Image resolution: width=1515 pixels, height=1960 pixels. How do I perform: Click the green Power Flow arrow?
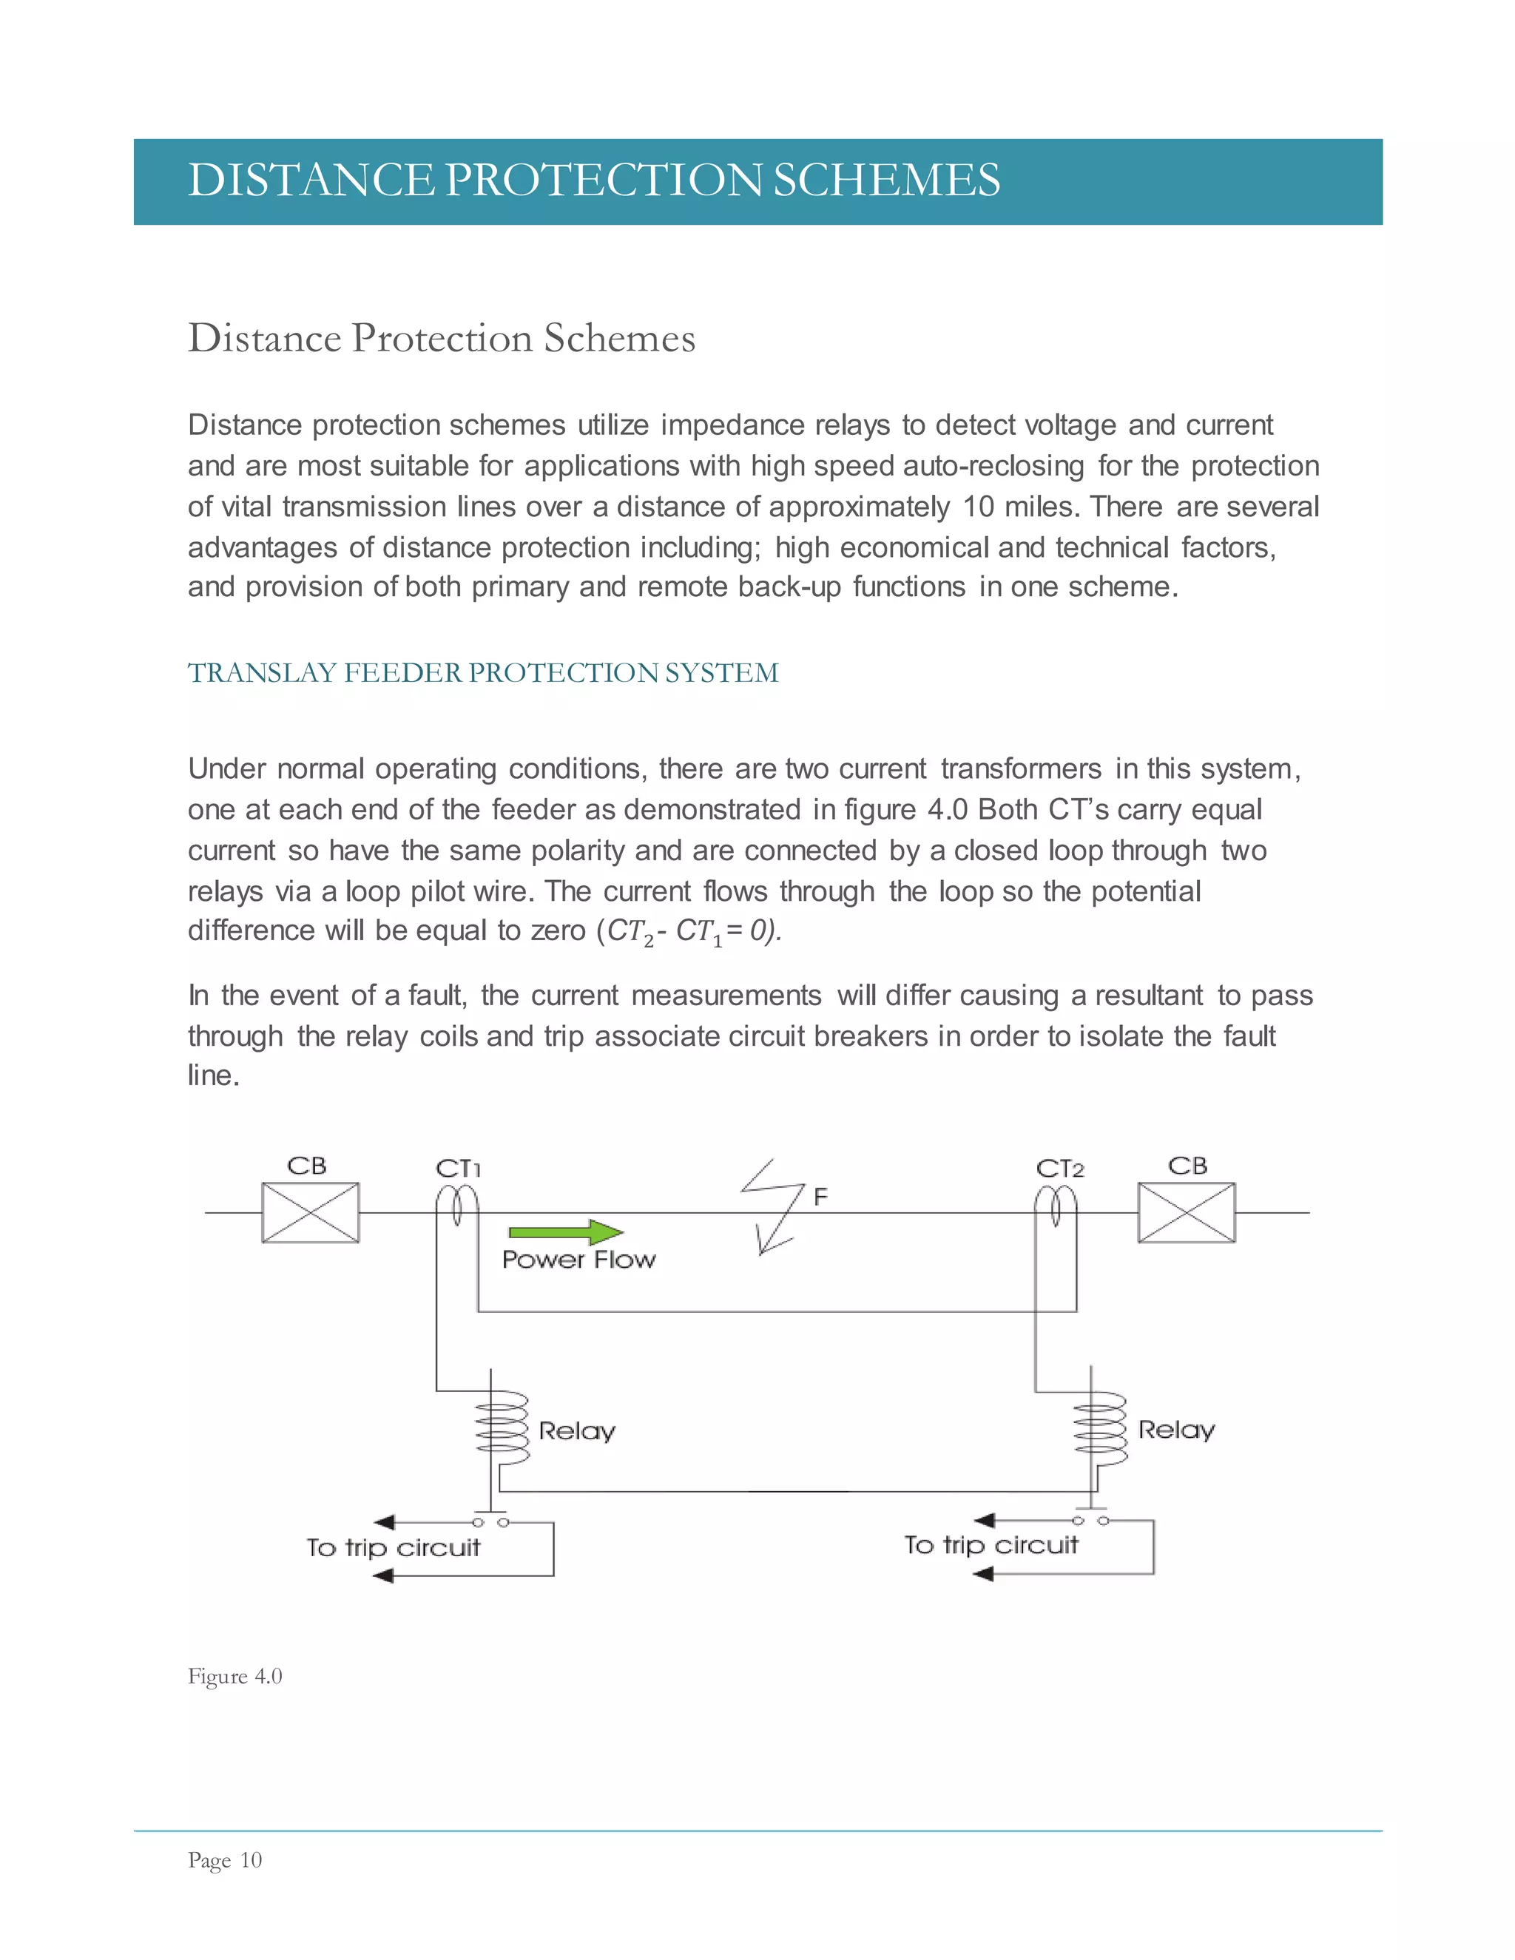pyautogui.click(x=565, y=1232)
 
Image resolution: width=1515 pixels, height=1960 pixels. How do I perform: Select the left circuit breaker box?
pyautogui.click(x=311, y=1212)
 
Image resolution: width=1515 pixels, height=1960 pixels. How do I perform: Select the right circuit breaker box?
pyautogui.click(x=1187, y=1212)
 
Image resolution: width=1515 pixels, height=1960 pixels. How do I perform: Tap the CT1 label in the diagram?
pyautogui.click(x=459, y=1169)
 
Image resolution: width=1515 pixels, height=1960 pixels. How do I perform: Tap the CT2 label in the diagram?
pyautogui.click(x=1060, y=1169)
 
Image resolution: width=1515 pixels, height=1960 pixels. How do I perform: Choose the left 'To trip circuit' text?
pyautogui.click(x=393, y=1548)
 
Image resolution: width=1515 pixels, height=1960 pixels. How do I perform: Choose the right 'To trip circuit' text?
pyautogui.click(x=991, y=1545)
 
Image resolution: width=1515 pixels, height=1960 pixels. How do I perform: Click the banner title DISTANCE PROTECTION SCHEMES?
pyautogui.click(x=593, y=180)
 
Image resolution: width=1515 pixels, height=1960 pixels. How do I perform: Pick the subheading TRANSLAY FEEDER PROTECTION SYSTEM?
pyautogui.click(x=483, y=673)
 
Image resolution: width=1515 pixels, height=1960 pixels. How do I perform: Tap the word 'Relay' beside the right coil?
pyautogui.click(x=1175, y=1430)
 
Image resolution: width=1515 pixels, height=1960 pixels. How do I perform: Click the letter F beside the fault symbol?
pyautogui.click(x=820, y=1196)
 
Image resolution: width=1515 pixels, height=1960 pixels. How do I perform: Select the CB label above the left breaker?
pyautogui.click(x=307, y=1166)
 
